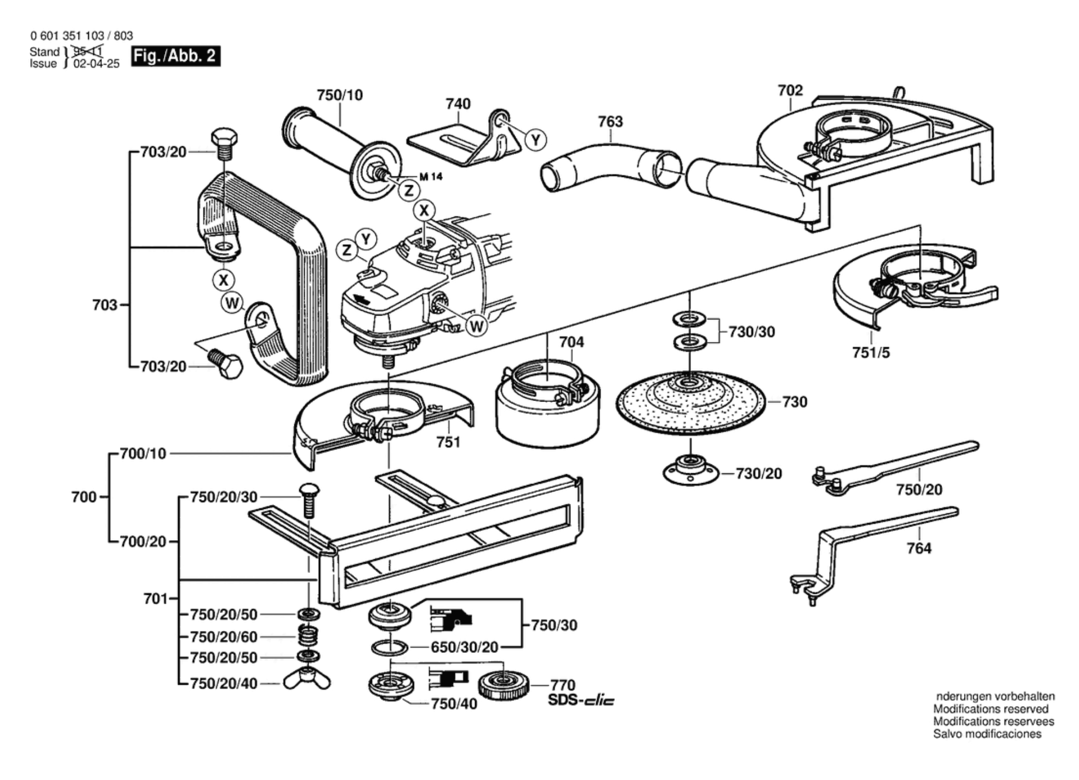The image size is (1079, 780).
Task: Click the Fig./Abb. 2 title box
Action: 175,56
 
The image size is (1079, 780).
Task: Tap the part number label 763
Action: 610,122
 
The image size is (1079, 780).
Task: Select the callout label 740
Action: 458,104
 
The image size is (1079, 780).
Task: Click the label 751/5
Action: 871,353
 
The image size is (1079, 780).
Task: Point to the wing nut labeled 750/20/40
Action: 307,681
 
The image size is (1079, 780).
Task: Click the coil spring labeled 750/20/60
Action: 309,635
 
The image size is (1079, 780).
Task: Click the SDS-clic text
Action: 581,701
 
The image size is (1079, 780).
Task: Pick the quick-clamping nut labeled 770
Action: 504,685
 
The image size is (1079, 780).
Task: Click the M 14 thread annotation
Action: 431,177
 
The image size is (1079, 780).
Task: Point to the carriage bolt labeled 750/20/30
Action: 309,499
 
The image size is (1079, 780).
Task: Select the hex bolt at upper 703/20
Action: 224,144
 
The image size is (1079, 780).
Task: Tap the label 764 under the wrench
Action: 918,548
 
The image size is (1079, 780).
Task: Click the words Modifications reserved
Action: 990,709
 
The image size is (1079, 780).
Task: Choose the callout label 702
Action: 790,90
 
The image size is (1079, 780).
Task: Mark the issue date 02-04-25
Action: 96,64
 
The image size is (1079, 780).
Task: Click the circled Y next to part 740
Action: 535,140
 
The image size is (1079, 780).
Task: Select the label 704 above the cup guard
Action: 571,342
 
